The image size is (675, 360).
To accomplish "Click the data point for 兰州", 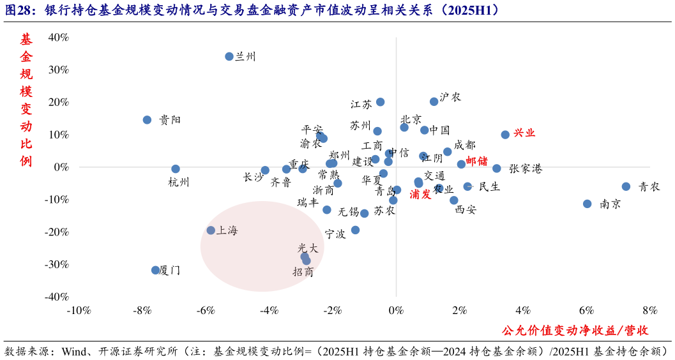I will pos(229,56).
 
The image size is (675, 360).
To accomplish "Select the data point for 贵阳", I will pos(147,120).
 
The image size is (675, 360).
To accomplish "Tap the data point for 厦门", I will pos(155,270).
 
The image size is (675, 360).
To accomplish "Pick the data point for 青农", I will pos(626,186).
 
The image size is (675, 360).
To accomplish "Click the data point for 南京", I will pos(587,204).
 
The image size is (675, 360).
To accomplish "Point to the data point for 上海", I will pos(211,230).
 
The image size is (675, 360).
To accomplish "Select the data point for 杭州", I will pos(176,169).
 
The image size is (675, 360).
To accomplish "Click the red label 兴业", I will pos(524,133).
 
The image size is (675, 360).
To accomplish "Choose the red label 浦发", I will pos(420,195).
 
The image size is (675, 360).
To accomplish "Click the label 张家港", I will pos(526,169).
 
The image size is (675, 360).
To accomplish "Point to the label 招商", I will pos(303,272).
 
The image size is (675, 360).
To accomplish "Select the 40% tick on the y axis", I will pos(57,38).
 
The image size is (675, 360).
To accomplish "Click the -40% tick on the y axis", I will pos(56,297).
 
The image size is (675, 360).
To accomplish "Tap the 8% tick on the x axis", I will pos(649,311).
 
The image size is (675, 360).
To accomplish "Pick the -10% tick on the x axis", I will pos(79,311).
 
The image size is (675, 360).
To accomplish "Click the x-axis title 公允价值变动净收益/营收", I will pos(575,330).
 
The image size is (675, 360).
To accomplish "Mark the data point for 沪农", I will pos(434,101).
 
